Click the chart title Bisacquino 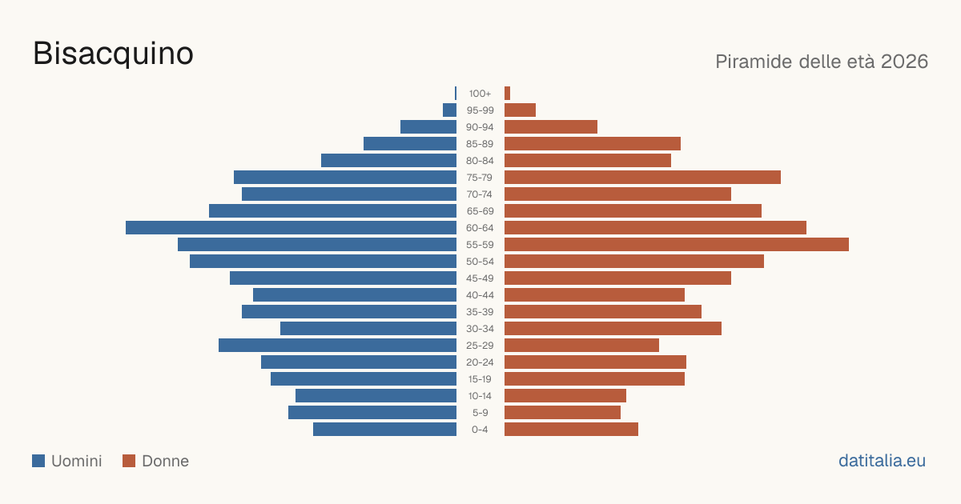tap(113, 54)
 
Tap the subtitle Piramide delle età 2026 tap(822, 62)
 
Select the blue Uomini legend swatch tap(38, 461)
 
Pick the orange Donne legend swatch tap(129, 461)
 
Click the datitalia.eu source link tap(882, 461)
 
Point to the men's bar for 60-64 tap(291, 227)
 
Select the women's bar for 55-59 tap(677, 244)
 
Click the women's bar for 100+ tap(507, 94)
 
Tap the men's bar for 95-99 tap(449, 110)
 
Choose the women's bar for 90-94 tap(551, 127)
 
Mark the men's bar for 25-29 tap(338, 346)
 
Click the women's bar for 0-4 tap(572, 430)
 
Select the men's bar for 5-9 tap(372, 413)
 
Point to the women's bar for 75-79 tap(642, 178)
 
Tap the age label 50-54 tap(480, 262)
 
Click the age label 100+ tap(480, 94)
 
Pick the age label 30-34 tap(480, 329)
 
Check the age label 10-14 tap(480, 396)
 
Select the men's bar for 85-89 tap(410, 143)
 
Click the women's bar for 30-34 tap(613, 329)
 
